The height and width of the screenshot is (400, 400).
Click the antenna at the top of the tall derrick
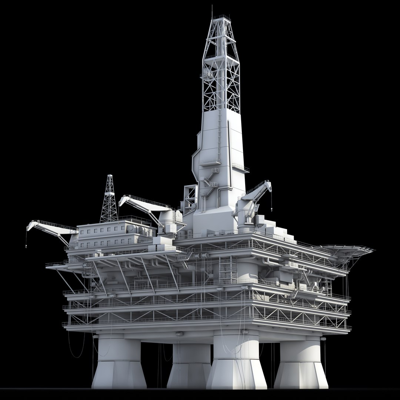(x=212, y=11)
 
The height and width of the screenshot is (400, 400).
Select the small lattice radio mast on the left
(x=109, y=200)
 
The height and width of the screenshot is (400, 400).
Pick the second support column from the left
(x=189, y=365)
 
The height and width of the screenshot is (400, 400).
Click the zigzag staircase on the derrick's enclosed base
(x=210, y=181)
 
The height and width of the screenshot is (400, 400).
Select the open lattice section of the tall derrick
(x=221, y=63)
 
